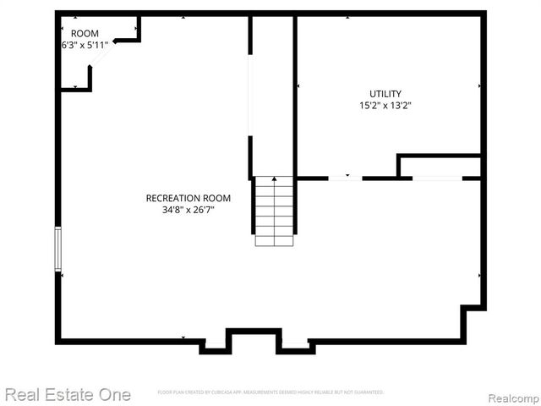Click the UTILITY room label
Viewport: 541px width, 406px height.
(x=385, y=94)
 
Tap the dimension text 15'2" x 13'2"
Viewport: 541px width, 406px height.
(x=385, y=106)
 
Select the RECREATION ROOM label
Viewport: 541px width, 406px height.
(x=188, y=198)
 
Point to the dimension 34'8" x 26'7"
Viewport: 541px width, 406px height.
(x=188, y=210)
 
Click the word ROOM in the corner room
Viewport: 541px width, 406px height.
(x=85, y=34)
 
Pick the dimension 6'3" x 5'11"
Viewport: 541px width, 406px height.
(x=85, y=45)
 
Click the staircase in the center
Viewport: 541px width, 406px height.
(x=274, y=211)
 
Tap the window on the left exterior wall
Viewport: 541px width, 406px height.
(x=58, y=249)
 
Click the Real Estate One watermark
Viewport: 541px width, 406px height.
(x=68, y=394)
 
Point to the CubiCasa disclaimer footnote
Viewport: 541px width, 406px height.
(x=270, y=392)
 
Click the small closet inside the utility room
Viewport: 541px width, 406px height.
(x=440, y=167)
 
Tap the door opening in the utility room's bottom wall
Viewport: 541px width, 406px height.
(x=344, y=178)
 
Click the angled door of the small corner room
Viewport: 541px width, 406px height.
(x=102, y=55)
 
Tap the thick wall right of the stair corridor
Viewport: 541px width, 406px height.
(x=295, y=97)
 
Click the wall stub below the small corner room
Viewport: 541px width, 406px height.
(x=90, y=78)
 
